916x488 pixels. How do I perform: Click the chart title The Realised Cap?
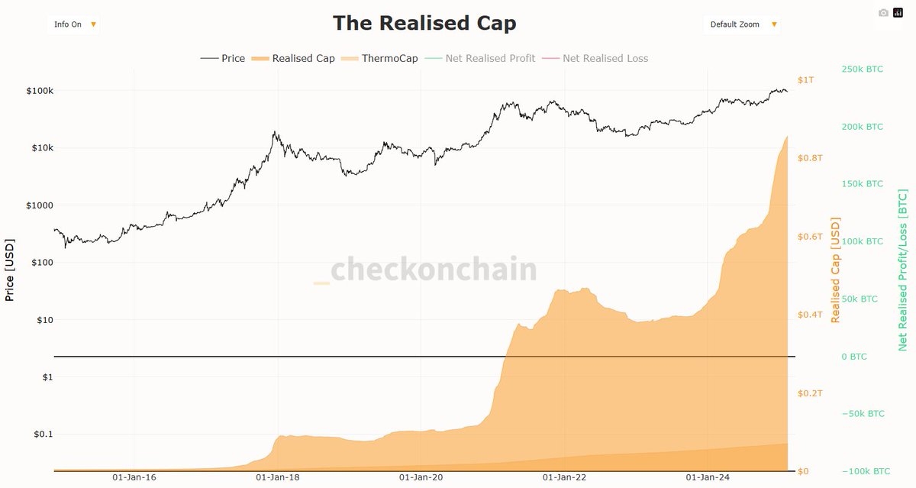click(x=424, y=23)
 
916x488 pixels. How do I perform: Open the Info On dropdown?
click(x=74, y=24)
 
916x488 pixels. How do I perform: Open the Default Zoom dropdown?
click(x=742, y=24)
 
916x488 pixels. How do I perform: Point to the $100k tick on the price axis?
click(x=40, y=91)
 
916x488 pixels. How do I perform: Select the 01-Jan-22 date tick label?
click(x=564, y=477)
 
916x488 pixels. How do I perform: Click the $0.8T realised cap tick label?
click(x=810, y=158)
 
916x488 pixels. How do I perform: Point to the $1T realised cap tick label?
click(x=805, y=80)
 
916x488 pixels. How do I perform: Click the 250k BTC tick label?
click(x=862, y=69)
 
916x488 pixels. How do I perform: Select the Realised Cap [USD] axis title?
click(x=836, y=270)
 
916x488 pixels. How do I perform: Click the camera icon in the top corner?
click(x=883, y=13)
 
